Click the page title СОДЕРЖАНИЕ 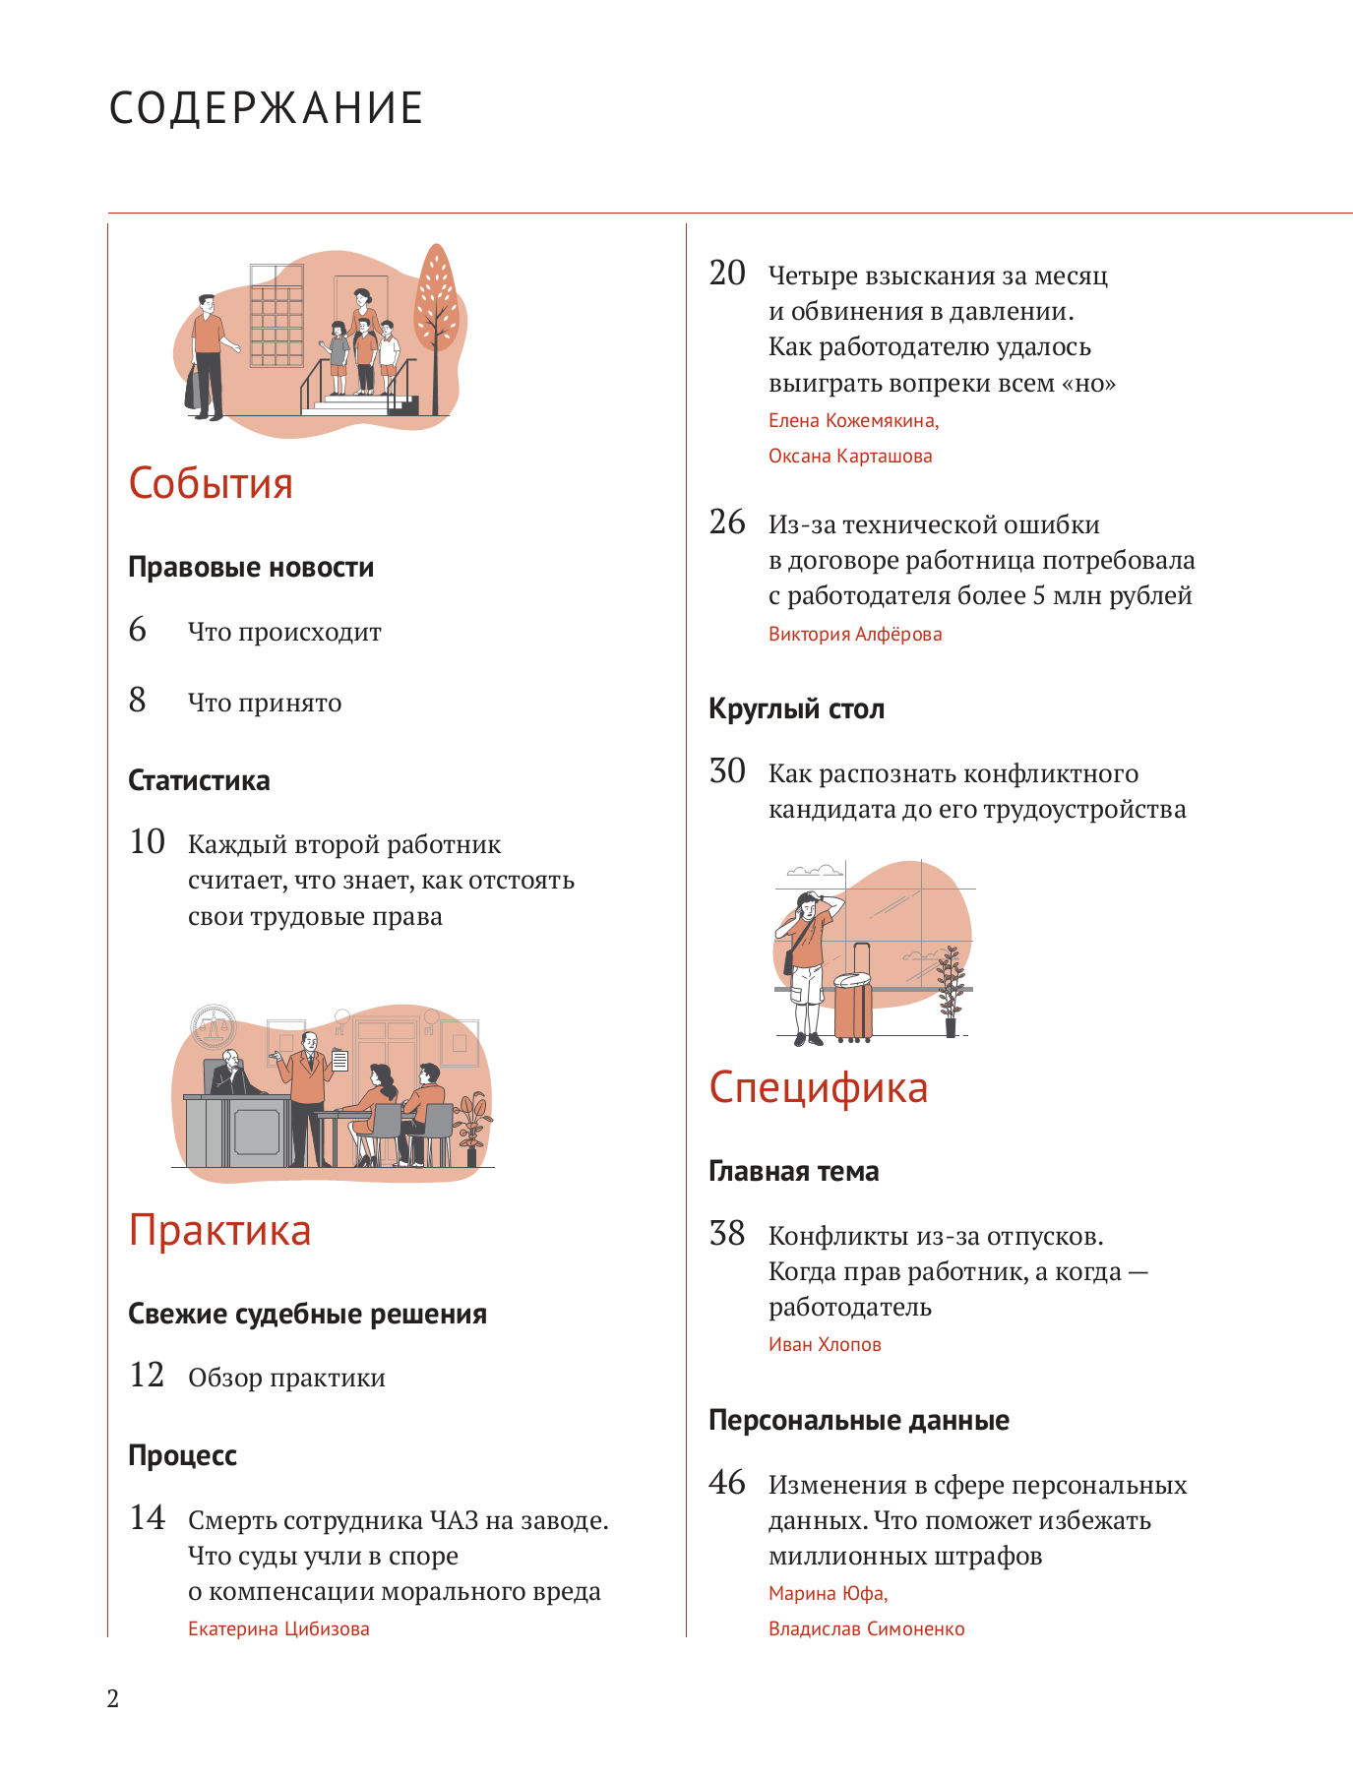coord(266,107)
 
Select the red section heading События coord(211,483)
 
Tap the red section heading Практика coord(219,1230)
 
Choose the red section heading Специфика coord(818,1087)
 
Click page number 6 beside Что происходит coord(138,630)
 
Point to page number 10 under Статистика coord(148,842)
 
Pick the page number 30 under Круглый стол coord(727,771)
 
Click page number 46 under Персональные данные coord(727,1483)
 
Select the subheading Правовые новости coord(251,567)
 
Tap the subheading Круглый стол coord(796,708)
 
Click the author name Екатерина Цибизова coord(278,1628)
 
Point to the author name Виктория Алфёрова coord(854,634)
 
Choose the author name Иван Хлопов coord(825,1344)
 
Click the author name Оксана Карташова coord(849,456)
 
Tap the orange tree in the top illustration coord(436,300)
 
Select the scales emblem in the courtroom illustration coord(214,1027)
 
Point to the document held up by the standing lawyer coord(339,1060)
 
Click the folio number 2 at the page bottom coord(113,1698)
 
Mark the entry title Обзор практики coord(286,1378)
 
